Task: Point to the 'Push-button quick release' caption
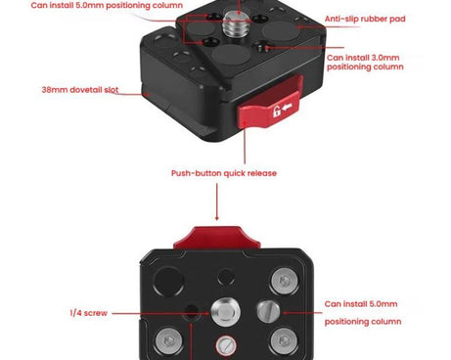[x=224, y=173]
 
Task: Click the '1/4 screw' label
[x=89, y=313]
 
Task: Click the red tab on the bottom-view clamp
[x=218, y=238]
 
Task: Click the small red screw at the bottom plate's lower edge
[x=224, y=345]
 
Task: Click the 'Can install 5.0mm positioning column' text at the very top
[x=93, y=5]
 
